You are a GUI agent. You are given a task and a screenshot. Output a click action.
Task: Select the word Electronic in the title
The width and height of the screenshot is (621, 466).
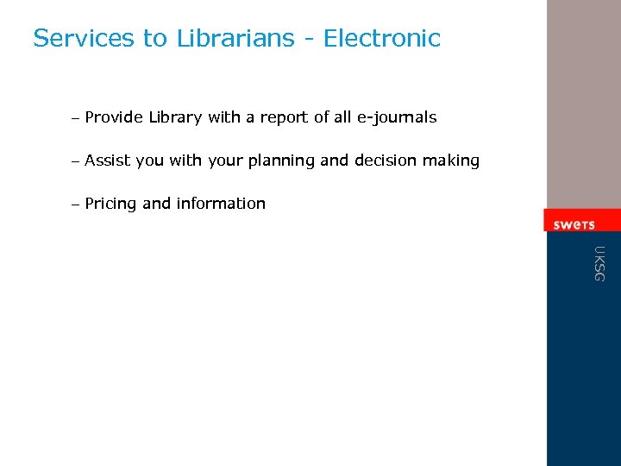coord(382,39)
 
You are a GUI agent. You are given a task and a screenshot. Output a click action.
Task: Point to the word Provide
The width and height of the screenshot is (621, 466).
coord(114,117)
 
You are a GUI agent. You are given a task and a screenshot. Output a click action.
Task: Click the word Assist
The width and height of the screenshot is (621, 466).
coord(108,161)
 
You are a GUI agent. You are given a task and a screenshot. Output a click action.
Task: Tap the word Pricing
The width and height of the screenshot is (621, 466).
coord(110,205)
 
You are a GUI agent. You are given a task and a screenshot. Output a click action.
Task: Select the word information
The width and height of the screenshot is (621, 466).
coord(221,204)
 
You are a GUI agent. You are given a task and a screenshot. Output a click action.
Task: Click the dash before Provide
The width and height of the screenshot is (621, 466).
coord(76,118)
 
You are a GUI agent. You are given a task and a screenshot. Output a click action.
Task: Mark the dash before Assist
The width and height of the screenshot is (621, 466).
coord(76,161)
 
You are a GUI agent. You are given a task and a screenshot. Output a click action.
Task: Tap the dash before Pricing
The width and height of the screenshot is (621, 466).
coord(76,205)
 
